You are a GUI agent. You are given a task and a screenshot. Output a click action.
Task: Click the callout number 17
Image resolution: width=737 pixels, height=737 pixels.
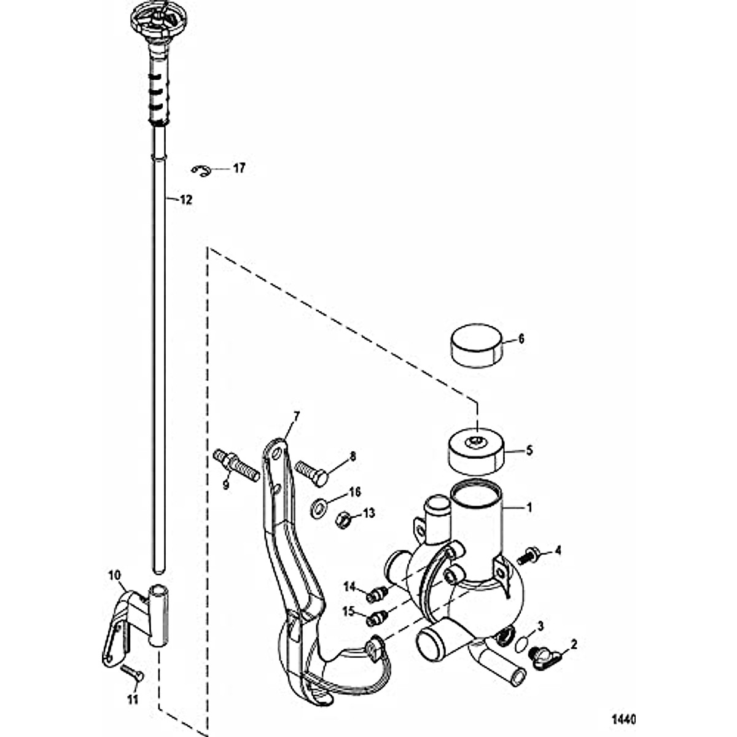pos(238,168)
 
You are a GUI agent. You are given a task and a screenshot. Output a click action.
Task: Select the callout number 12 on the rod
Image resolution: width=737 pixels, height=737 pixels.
pos(185,200)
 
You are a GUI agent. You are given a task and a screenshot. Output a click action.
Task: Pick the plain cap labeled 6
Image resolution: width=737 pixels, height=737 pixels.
pos(477,346)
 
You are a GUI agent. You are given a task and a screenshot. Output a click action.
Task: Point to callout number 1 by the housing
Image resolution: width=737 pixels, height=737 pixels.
pos(528,508)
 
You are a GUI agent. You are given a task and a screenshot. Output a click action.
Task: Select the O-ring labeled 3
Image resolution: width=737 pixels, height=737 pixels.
pos(520,644)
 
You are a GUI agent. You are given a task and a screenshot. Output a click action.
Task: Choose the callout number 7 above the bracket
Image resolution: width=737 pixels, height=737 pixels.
pos(297,416)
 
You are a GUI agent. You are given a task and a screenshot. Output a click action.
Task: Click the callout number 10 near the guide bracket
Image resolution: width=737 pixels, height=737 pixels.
pos(114,575)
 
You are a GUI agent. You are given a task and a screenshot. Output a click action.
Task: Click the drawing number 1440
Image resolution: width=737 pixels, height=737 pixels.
pos(623,719)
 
